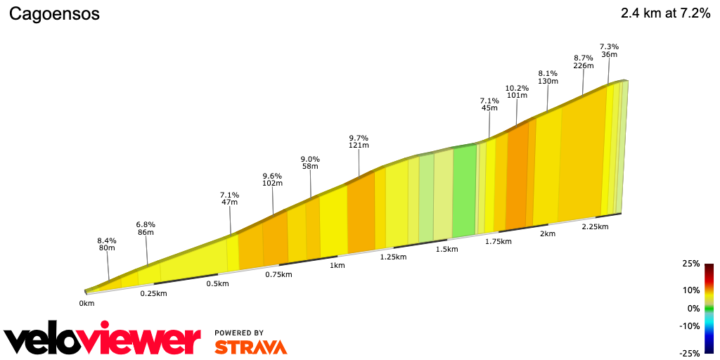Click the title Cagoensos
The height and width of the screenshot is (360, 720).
coord(54,14)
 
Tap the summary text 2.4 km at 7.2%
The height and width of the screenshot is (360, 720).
coord(665,13)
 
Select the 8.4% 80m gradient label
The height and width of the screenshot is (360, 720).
coord(107,244)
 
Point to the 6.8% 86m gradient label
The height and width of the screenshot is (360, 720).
coord(146,229)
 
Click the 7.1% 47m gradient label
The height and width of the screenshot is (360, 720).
coord(230,199)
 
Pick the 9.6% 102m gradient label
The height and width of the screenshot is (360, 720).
coord(272,179)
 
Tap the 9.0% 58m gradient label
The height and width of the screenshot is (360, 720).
coord(310,162)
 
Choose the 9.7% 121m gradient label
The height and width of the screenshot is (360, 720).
coord(359,141)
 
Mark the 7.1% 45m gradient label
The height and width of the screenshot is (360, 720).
coord(489,104)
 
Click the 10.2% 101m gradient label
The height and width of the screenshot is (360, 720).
coord(517,91)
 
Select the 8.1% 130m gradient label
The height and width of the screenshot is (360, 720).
coord(548,77)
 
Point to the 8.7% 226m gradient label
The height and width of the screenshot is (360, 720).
coord(583,62)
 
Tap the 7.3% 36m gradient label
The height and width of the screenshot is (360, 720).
coord(609,51)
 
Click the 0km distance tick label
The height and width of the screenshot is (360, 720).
coord(86,304)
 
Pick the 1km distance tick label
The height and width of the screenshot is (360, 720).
coord(337,265)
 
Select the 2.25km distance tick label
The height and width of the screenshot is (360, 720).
coord(594,226)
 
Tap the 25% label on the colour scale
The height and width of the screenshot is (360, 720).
coord(691,264)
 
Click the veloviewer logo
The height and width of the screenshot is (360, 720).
coord(103,340)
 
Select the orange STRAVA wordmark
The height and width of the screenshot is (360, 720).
coord(250,347)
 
